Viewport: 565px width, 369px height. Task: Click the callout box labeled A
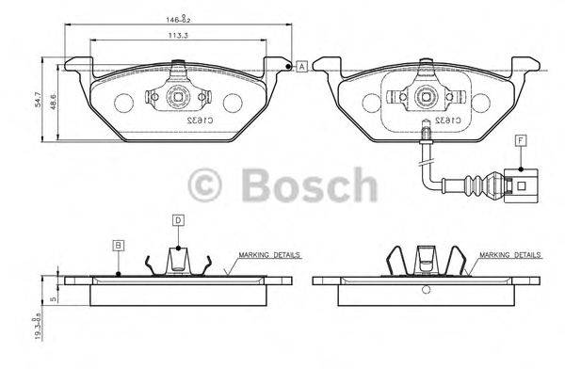pos(301,66)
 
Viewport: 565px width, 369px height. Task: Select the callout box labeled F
pos(520,141)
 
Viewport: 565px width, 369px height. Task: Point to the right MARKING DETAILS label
pos(509,255)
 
